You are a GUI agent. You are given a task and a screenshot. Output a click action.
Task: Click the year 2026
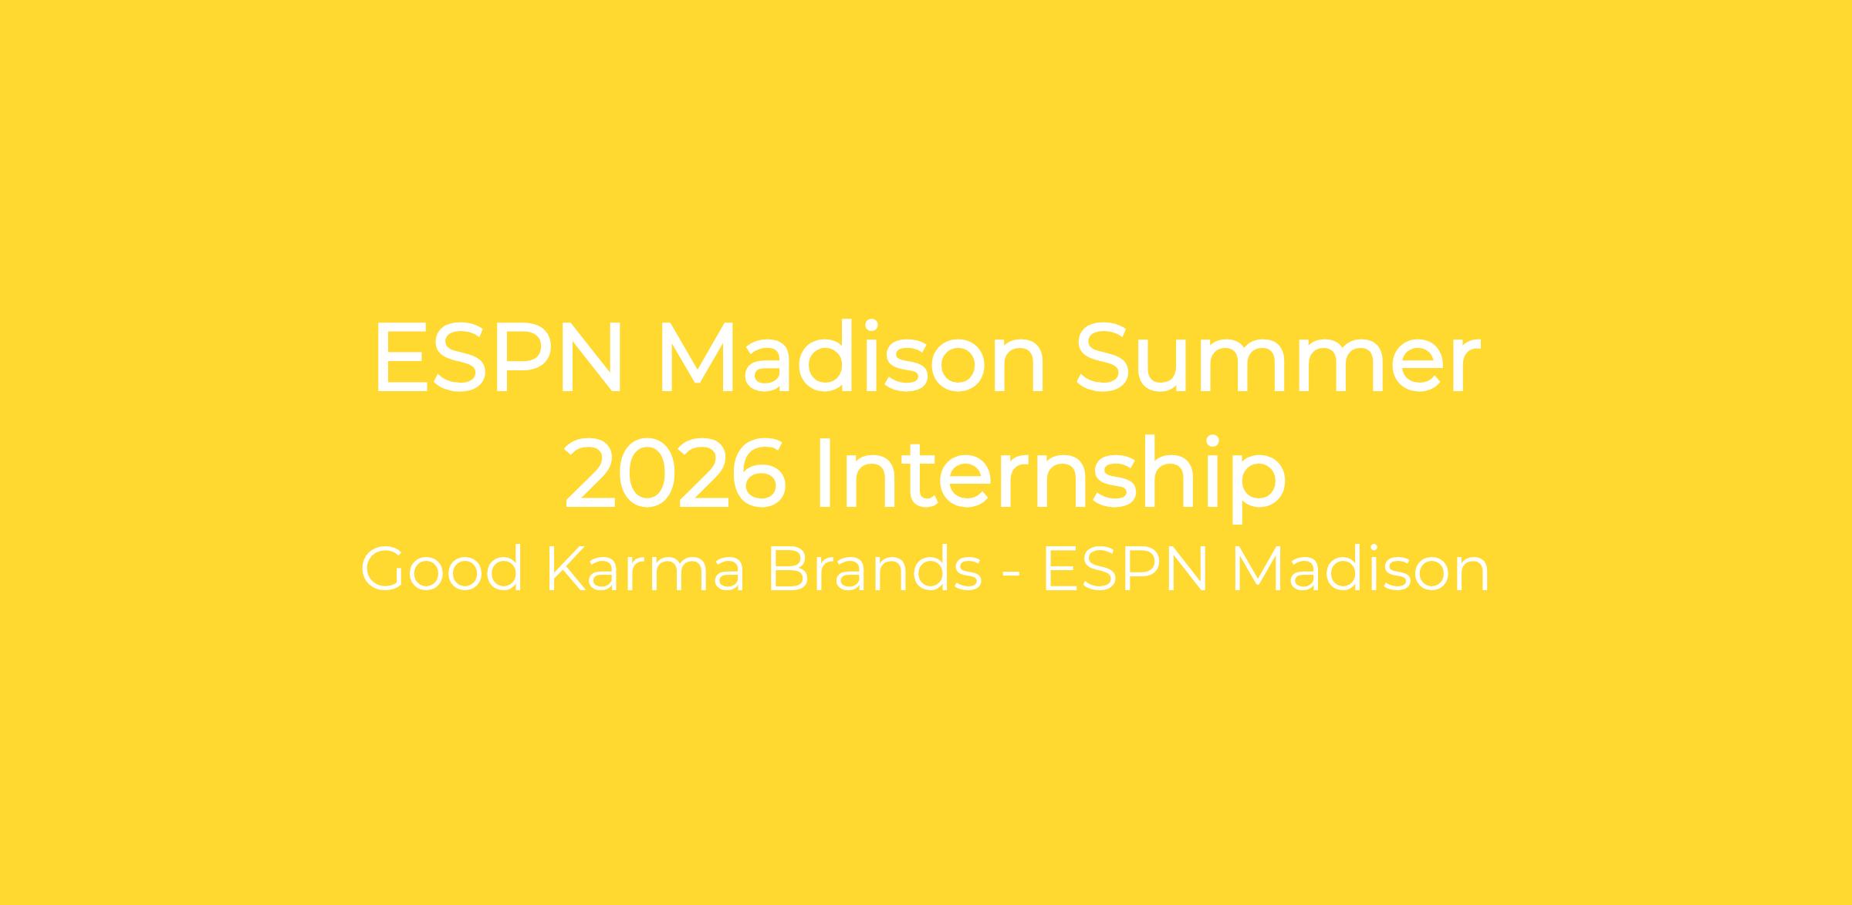(676, 472)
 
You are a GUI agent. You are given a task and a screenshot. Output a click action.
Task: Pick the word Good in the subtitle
(441, 569)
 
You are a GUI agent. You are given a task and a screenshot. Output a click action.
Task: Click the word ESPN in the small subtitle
(1125, 569)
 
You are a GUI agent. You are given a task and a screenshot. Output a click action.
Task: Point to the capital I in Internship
(824, 472)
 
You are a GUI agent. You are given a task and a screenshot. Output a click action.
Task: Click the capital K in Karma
(566, 569)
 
